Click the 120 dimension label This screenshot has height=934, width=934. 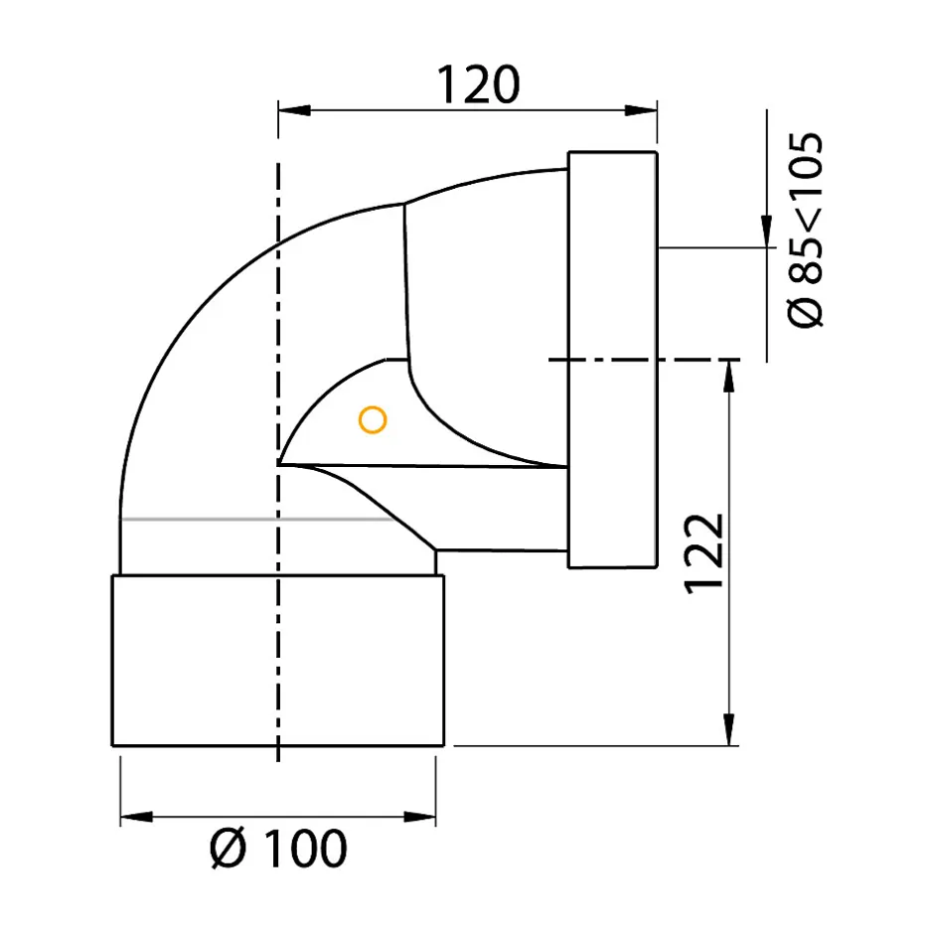coord(478,85)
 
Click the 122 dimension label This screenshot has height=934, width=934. coord(704,553)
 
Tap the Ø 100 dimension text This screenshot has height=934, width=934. coord(278,849)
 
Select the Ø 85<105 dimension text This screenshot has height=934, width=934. coord(806,230)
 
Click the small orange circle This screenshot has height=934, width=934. coord(373,420)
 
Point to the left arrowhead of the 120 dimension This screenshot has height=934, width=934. coord(294,110)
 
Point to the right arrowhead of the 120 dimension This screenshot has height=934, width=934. coord(641,110)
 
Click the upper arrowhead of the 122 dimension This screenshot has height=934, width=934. coord(728,376)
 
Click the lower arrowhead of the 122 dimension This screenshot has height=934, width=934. coord(728,729)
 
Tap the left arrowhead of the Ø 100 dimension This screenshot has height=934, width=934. coord(136,817)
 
